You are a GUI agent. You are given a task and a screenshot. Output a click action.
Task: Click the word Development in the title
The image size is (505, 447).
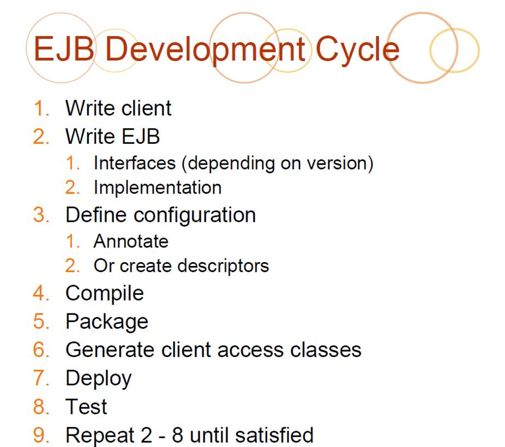(205, 50)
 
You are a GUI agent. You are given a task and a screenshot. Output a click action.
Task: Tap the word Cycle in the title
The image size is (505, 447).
(358, 50)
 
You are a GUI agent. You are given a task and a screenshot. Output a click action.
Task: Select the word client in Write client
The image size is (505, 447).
(146, 108)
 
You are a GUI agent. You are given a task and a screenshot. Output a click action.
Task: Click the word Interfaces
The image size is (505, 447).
(135, 163)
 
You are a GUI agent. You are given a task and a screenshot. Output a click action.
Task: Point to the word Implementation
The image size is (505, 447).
(158, 188)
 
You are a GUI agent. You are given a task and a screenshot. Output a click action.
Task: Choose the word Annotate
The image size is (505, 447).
(131, 241)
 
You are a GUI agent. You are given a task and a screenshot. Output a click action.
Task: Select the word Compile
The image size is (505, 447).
(105, 294)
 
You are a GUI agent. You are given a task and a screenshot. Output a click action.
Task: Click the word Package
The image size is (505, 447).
(107, 322)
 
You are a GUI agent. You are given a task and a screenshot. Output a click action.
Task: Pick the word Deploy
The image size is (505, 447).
(99, 379)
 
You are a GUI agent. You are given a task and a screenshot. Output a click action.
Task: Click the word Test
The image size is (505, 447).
(86, 407)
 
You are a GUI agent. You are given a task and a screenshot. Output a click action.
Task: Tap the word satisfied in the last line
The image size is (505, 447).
(274, 435)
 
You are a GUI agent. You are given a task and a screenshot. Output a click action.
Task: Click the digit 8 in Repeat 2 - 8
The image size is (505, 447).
(177, 435)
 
